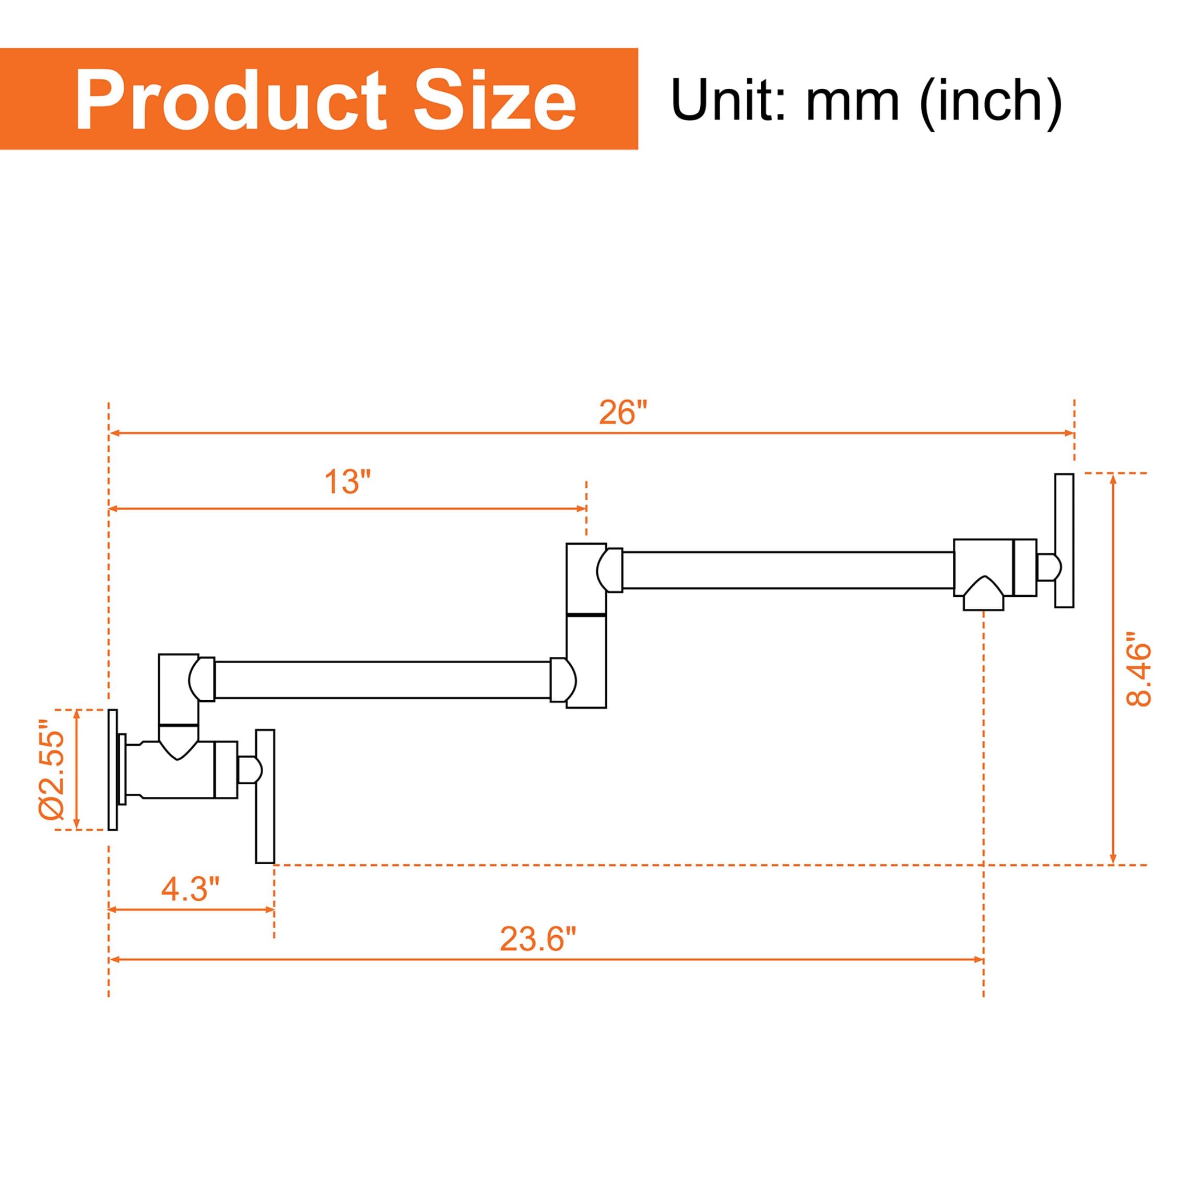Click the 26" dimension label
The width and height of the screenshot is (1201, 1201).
pos(623,412)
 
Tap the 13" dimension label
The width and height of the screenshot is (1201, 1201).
pos(347,482)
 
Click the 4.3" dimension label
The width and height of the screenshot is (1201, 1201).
pos(191,889)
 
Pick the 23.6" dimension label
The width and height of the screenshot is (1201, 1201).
pos(538,939)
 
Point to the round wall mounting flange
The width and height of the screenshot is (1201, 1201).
pos(112,769)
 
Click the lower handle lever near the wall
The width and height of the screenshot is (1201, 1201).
pos(265,796)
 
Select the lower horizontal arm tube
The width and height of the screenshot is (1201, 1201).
pos(382,680)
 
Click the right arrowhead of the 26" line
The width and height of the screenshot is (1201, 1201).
pos(1070,433)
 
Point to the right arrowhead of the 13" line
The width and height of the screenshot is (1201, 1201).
pos(582,509)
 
